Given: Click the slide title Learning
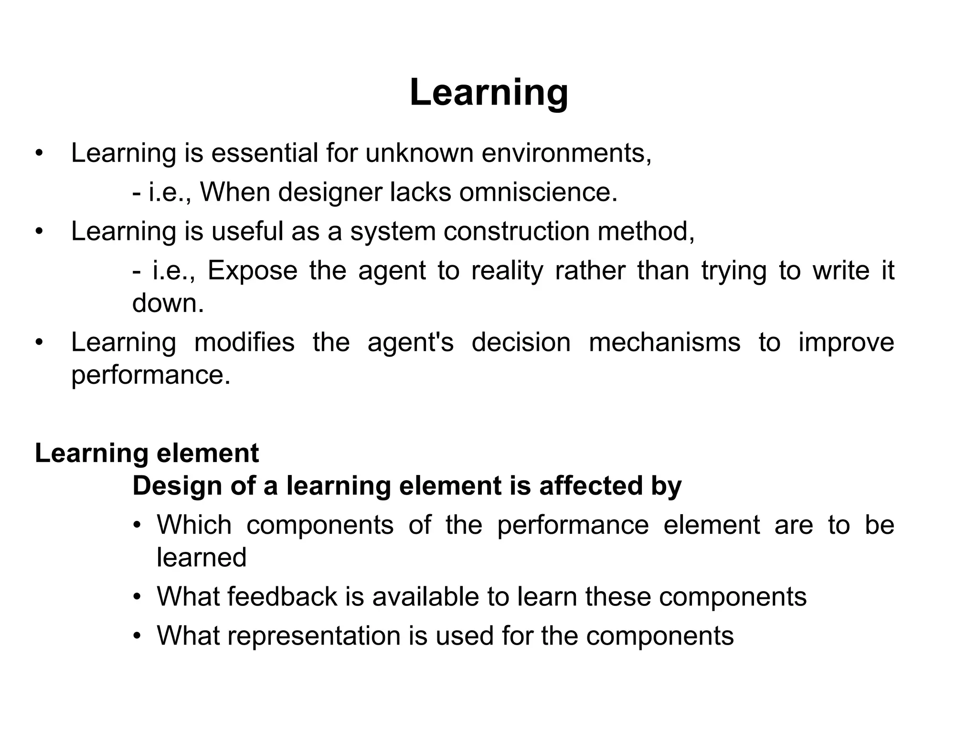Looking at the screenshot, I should click(489, 92).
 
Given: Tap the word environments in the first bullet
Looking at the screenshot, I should click(566, 153).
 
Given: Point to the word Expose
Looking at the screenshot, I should click(252, 270).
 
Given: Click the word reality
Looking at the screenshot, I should click(507, 270).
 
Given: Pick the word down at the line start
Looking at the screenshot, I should click(168, 303).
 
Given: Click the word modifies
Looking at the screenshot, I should click(244, 342).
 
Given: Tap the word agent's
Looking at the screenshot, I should click(410, 342).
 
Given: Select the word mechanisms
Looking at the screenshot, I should click(664, 342).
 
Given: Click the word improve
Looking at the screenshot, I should click(846, 342).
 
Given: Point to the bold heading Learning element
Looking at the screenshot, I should click(147, 453).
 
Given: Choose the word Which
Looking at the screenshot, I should click(194, 525).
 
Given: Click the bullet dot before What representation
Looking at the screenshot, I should click(138, 636).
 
